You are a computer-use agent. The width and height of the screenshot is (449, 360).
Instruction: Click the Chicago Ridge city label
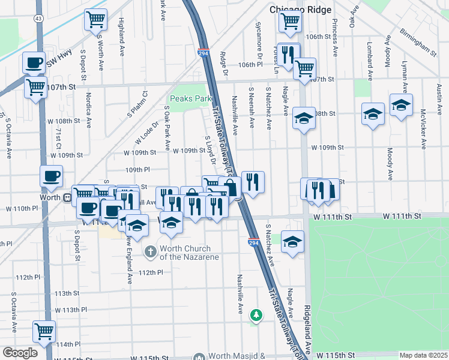pyautogui.click(x=297, y=10)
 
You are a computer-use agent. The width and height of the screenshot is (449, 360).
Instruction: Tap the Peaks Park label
pyautogui.click(x=188, y=98)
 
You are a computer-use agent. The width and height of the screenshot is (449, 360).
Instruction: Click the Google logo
pyautogui.click(x=20, y=353)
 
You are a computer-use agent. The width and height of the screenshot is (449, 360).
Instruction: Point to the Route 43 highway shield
pyautogui.click(x=38, y=19)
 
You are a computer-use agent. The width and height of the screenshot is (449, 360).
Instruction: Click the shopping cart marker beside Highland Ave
pyautogui.click(x=95, y=20)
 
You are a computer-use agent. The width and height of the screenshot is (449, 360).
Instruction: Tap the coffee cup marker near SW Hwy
pyautogui.click(x=34, y=62)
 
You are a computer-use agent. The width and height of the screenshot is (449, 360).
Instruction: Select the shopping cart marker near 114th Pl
pyautogui.click(x=44, y=331)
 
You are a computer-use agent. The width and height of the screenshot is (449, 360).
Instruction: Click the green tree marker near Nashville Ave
pyautogui.click(x=256, y=315)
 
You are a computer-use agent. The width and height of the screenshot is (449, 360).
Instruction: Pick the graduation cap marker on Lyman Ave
pyautogui.click(x=401, y=105)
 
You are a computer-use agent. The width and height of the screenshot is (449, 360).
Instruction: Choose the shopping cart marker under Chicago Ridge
pyautogui.click(x=290, y=21)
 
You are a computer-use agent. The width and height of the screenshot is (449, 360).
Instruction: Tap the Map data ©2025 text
pyautogui.click(x=424, y=355)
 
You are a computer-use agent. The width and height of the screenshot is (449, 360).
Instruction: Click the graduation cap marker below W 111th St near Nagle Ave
pyautogui.click(x=292, y=241)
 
